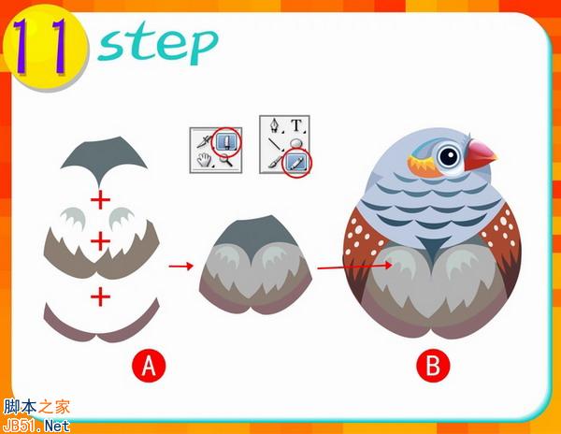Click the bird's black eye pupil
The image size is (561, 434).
coord(450,156)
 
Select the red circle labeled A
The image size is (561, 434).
coord(149,366)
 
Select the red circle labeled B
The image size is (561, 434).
coord(433,366)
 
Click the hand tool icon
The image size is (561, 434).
coord(205,160)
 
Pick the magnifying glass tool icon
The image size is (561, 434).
coord(226,160)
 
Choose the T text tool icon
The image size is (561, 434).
coord(296,125)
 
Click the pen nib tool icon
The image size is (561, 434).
coord(275,125)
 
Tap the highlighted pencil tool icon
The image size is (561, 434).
coord(296,164)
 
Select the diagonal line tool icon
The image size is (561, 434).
coord(276,144)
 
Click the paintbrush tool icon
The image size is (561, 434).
coord(274,164)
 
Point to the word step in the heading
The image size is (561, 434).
coord(157,45)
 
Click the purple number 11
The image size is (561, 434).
coord(40,47)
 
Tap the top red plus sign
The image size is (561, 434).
coord(100,199)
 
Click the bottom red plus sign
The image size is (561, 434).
coord(100,297)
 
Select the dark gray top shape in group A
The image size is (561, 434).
coord(104,157)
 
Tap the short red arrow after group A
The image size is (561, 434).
coord(181,266)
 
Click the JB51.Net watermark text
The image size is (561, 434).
coord(36,426)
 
